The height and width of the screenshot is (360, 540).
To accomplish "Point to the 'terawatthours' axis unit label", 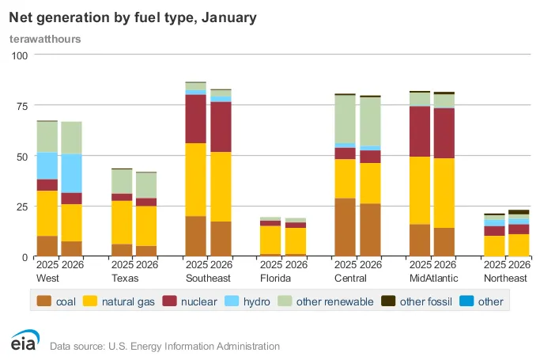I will coord(45,38).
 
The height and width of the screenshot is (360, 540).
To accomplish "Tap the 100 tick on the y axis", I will coord(18,55).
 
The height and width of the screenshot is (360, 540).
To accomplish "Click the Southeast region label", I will coord(207,279).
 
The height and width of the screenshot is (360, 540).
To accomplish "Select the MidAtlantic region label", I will coord(432,279).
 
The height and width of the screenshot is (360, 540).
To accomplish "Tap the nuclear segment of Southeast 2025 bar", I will coord(195,119).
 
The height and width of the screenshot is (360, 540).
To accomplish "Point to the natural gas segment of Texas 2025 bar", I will coord(122,222).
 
